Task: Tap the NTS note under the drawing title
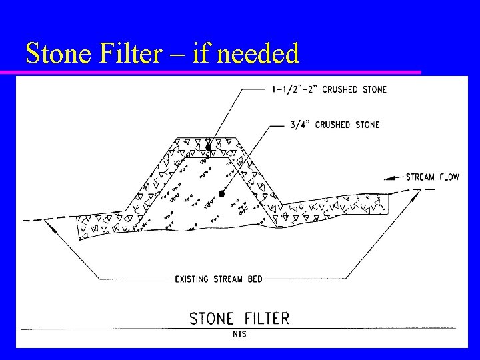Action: tap(239, 333)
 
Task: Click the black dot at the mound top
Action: tap(209, 147)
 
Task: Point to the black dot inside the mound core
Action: tap(221, 193)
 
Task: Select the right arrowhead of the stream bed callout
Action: tap(416, 194)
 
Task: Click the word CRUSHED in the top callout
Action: tap(341, 89)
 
